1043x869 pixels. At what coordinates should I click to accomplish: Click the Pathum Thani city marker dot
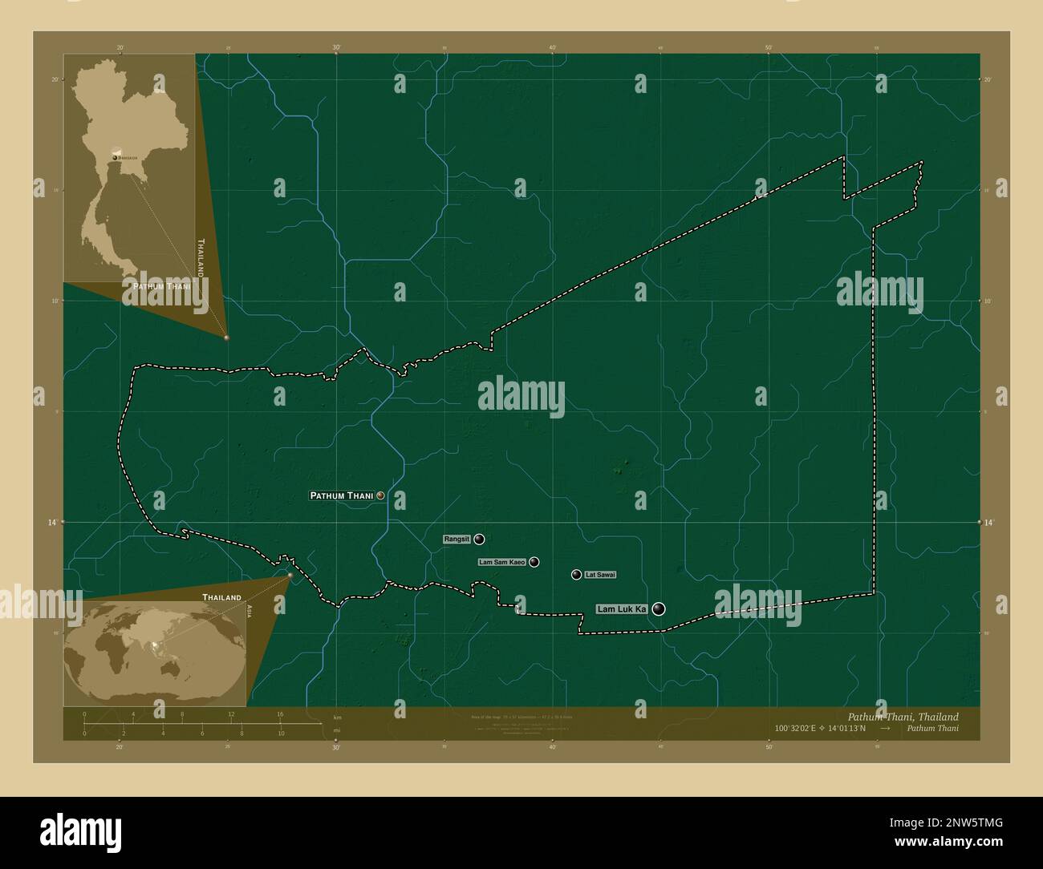(x=380, y=495)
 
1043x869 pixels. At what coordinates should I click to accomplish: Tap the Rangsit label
(x=456, y=540)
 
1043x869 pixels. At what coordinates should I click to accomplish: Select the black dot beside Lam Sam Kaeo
(x=534, y=562)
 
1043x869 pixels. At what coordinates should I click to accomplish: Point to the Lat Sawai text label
(x=600, y=575)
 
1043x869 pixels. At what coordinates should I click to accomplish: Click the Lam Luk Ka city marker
(x=659, y=609)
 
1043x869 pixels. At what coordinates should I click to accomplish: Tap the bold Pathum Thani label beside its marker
(x=342, y=496)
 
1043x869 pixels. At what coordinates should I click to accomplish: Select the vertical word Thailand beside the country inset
(x=201, y=257)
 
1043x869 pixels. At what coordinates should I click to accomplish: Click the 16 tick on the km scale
(x=280, y=713)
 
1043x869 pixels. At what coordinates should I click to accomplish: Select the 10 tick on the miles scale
(x=281, y=733)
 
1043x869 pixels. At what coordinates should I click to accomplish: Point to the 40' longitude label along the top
(x=552, y=47)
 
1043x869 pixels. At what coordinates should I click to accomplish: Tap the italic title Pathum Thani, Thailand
(x=903, y=717)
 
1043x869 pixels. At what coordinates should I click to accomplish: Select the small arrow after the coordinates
(x=885, y=730)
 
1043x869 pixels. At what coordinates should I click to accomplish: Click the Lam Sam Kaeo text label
(x=501, y=563)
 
